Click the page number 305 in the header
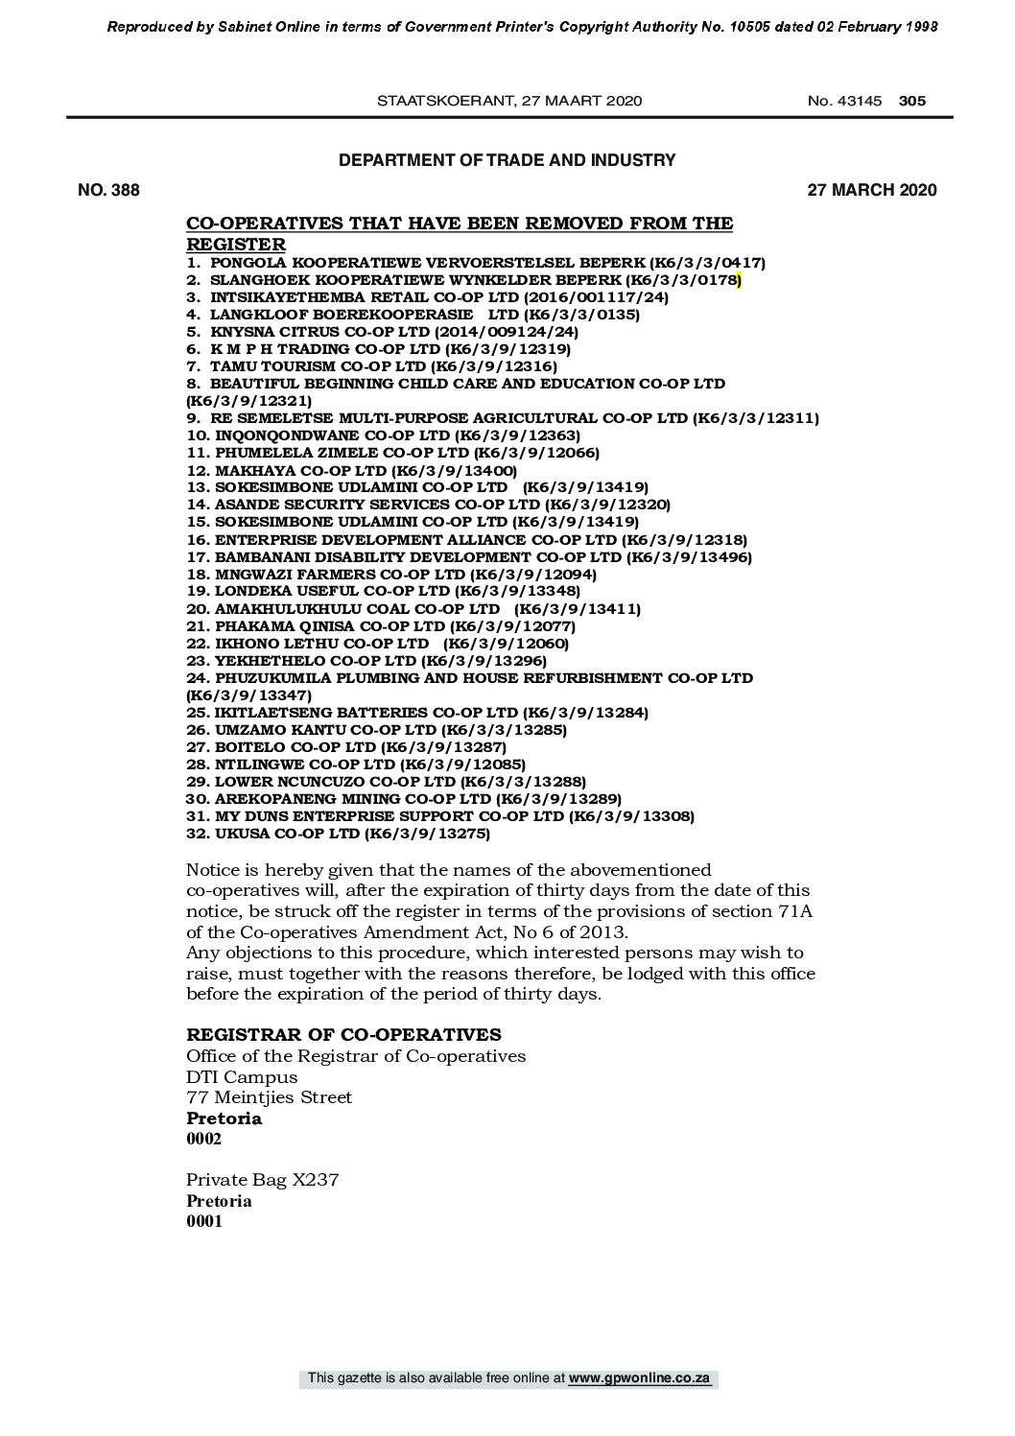(x=912, y=101)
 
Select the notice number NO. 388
(x=108, y=190)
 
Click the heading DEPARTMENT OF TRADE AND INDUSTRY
(x=507, y=160)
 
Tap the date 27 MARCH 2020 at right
(x=871, y=190)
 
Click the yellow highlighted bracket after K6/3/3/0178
(x=740, y=280)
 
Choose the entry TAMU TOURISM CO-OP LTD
(x=371, y=366)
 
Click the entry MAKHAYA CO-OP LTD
(x=351, y=470)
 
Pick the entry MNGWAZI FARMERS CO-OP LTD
(x=391, y=574)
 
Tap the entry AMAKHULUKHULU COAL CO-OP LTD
(x=413, y=609)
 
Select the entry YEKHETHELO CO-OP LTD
(x=366, y=661)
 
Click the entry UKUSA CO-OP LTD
(x=338, y=834)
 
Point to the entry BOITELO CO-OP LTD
(x=346, y=747)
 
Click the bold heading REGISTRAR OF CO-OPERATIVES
(x=343, y=1034)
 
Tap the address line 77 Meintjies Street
(x=269, y=1097)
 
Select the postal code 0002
(x=203, y=1139)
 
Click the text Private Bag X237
(x=262, y=1180)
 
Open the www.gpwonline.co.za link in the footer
(x=639, y=1378)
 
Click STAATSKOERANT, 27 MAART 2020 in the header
(x=509, y=101)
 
